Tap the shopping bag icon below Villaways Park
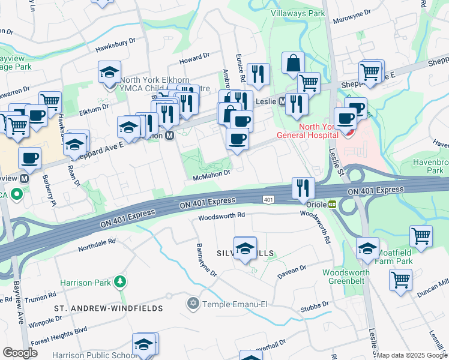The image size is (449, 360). (293, 63)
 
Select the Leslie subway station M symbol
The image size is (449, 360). (283, 101)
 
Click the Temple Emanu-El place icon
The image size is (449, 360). (193, 304)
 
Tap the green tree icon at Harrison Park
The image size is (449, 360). (121, 281)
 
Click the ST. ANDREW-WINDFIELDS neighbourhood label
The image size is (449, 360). (109, 308)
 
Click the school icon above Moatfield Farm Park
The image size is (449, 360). (367, 248)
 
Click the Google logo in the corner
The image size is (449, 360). (20, 352)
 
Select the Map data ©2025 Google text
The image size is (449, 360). (412, 355)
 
